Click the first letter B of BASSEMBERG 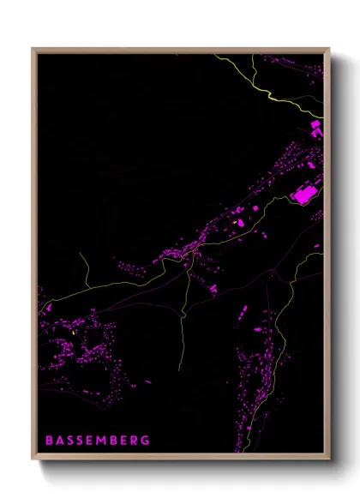[x=49, y=441]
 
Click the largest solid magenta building [x=304, y=195]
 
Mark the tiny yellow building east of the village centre [x=234, y=224]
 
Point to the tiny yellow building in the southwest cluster [x=75, y=331]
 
